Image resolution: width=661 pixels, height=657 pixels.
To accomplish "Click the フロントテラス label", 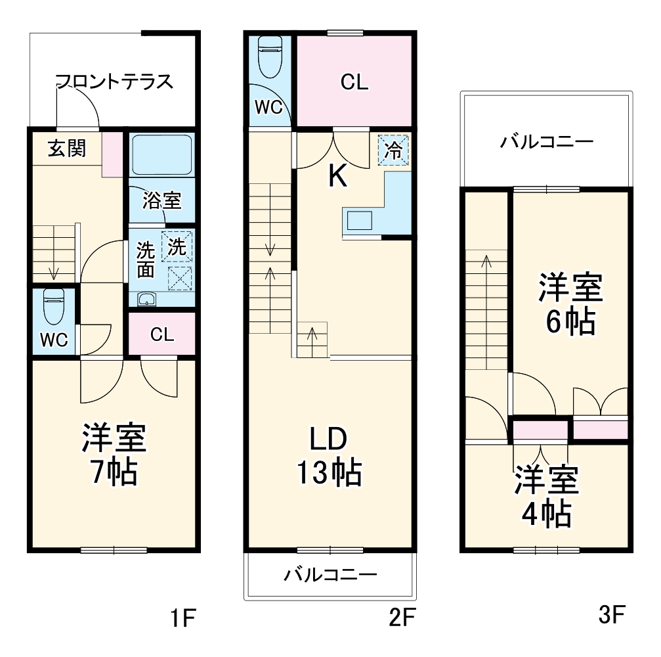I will coord(114,82).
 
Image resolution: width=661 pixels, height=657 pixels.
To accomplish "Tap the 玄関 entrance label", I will coord(66,148).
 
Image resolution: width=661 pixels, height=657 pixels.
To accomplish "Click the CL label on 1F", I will coord(161,334).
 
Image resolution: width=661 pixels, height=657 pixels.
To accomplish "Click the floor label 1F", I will coord(183,618).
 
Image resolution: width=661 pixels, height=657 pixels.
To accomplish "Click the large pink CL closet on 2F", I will coord(354,81).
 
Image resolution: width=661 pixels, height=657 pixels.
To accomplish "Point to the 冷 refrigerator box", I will coord(393,150).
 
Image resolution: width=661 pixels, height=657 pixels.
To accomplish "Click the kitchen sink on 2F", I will coord(359,220).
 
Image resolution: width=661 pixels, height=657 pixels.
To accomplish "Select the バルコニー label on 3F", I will coord(546,141).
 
